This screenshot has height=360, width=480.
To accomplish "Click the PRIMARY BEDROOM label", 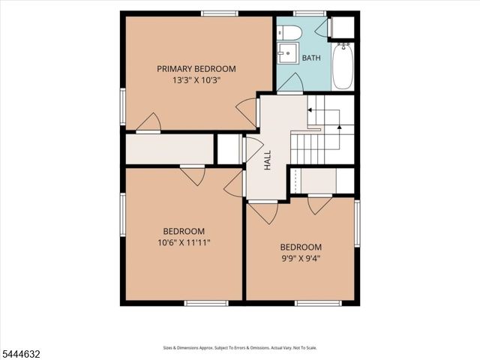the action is (x=196, y=68).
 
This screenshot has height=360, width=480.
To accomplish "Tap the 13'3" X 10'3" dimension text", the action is (x=196, y=80).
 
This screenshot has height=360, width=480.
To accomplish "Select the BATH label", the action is (x=311, y=58).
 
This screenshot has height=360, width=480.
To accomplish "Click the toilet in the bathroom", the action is (x=289, y=32).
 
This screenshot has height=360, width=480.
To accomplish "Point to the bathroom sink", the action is (x=288, y=53).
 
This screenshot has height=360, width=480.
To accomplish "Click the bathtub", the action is (x=343, y=67).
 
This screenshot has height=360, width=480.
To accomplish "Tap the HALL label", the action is (x=268, y=160).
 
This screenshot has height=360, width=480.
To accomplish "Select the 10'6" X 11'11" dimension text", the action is (x=184, y=243).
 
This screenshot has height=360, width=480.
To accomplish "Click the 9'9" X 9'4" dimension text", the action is (x=301, y=259).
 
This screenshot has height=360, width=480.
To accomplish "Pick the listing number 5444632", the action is (x=20, y=354).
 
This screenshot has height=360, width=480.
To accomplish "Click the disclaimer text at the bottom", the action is (x=240, y=348).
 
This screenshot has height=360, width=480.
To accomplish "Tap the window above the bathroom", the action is (x=309, y=13).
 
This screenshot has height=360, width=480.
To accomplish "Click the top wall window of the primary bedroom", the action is (x=220, y=13).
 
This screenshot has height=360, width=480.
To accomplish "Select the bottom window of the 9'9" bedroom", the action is (x=318, y=303).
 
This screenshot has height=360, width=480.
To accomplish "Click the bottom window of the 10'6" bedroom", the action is (x=206, y=303).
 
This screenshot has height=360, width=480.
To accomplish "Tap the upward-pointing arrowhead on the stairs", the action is (x=339, y=127).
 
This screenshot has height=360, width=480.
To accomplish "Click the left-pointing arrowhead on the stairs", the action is (x=310, y=110).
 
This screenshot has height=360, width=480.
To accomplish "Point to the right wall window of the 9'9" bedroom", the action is (x=357, y=223).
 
